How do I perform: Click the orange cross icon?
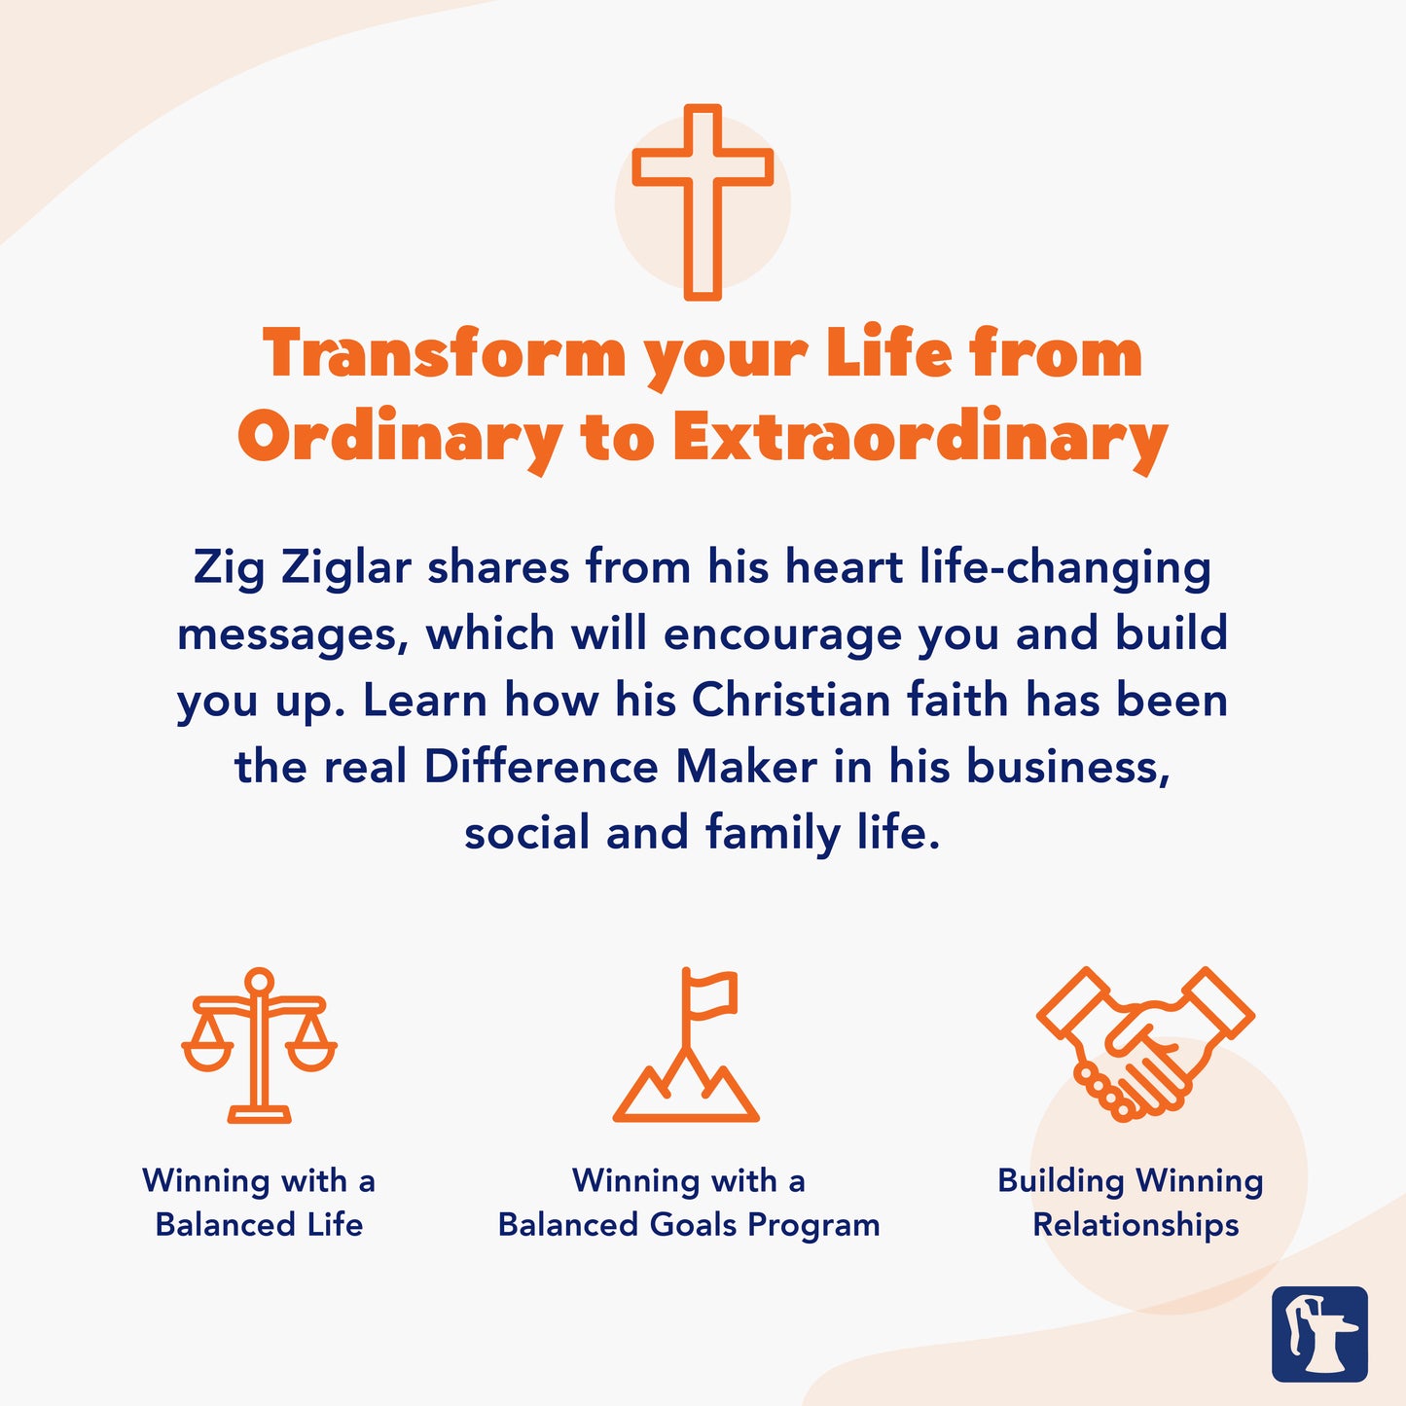[x=703, y=201]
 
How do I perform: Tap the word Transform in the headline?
[x=444, y=353]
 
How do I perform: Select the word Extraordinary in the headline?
[x=919, y=438]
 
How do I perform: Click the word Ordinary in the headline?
[x=400, y=438]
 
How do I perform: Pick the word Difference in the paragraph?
[x=541, y=767]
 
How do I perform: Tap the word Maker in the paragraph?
[x=746, y=767]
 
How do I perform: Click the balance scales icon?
[x=259, y=1046]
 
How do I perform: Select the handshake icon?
[x=1145, y=1044]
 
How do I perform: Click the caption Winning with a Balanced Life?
[x=259, y=1203]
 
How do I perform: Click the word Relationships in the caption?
[x=1136, y=1225]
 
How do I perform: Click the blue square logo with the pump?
[x=1319, y=1334]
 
